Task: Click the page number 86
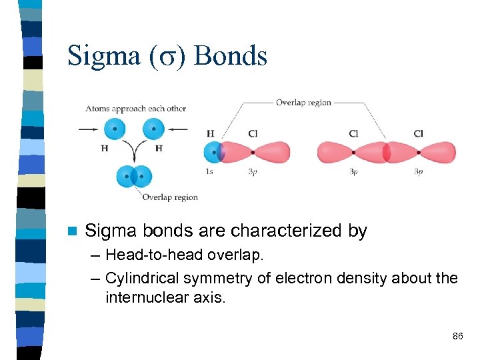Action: [457, 336]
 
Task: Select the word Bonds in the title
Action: [231, 55]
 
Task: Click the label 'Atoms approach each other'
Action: [135, 109]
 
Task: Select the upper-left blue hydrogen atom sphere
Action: [115, 129]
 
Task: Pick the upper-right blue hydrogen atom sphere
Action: [153, 129]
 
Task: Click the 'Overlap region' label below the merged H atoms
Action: [169, 197]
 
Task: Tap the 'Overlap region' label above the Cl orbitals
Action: [303, 103]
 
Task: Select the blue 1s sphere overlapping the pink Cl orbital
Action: [213, 153]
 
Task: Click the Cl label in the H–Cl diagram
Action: [253, 134]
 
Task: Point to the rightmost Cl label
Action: [418, 134]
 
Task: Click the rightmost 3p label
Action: [418, 171]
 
